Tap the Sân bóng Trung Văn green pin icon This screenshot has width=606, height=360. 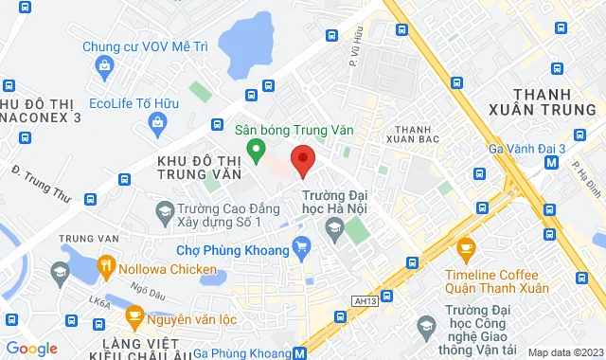click(x=255, y=149)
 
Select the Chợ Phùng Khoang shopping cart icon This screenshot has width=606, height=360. click(x=302, y=249)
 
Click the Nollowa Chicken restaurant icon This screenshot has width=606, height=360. click(x=106, y=267)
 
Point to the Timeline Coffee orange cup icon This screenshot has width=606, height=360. click(x=465, y=249)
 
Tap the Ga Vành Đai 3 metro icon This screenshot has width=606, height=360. click(x=552, y=162)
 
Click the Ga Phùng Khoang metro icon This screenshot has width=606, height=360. click(x=300, y=352)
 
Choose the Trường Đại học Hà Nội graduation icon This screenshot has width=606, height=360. click(x=333, y=226)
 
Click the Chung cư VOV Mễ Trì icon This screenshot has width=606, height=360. click(x=103, y=65)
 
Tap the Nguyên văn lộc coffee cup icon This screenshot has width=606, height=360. click(x=134, y=315)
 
